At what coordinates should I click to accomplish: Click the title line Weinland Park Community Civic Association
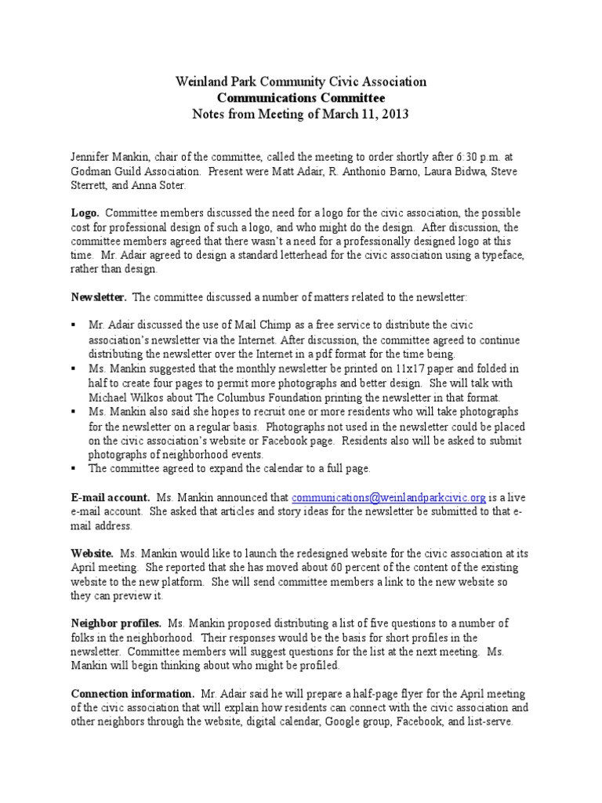click(301, 82)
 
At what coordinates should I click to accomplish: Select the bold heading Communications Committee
click(301, 98)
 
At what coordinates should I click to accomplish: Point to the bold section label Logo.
click(85, 213)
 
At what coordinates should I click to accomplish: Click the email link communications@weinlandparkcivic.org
click(389, 497)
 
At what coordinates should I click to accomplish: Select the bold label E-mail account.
click(111, 497)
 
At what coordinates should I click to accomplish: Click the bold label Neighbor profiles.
click(117, 623)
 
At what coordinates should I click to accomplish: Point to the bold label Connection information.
click(132, 693)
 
